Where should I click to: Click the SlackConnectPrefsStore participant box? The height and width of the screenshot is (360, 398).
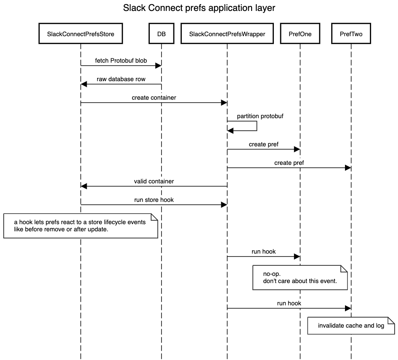(80, 34)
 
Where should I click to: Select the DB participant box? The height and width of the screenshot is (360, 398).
(161, 34)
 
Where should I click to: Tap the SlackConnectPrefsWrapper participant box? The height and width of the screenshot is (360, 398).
(227, 34)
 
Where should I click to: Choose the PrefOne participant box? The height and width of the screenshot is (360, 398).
(300, 34)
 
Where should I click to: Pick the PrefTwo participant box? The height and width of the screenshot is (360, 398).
(351, 34)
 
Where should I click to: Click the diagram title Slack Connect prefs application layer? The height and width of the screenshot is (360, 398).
(199, 8)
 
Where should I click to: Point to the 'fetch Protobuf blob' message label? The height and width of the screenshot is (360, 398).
(121, 61)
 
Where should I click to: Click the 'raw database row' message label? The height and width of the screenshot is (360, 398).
(121, 79)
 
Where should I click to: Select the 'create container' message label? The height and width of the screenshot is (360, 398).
(154, 98)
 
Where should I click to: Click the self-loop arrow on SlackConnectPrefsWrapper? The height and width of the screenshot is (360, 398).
(256, 126)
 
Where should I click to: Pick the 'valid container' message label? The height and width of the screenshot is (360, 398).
(154, 181)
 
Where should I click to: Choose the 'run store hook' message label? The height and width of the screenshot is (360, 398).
(154, 200)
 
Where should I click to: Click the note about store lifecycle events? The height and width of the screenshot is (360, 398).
(80, 226)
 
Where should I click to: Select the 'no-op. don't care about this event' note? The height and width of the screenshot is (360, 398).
(300, 277)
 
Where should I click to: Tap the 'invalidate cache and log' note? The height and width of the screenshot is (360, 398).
(351, 326)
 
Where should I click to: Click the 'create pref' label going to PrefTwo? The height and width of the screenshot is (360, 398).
(289, 163)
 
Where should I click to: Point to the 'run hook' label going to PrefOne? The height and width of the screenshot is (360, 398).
(264, 251)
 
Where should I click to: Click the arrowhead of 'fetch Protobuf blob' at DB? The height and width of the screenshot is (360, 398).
(159, 65)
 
